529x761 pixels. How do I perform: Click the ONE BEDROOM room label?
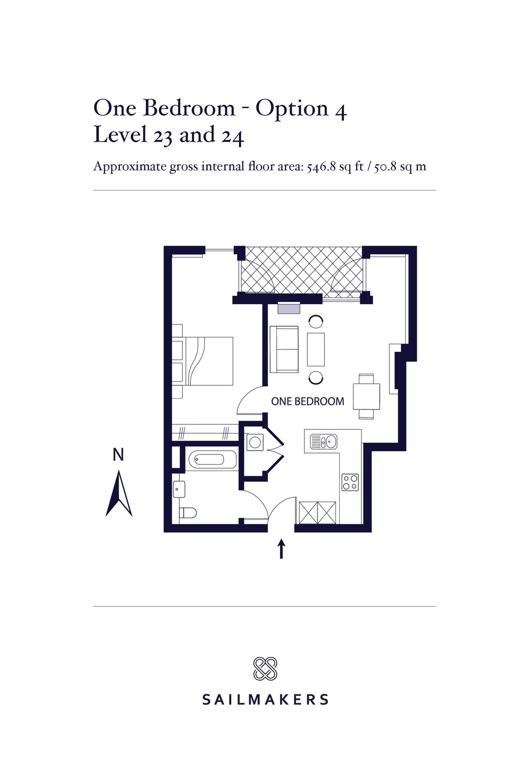[308, 402]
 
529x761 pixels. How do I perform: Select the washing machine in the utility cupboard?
[255, 442]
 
